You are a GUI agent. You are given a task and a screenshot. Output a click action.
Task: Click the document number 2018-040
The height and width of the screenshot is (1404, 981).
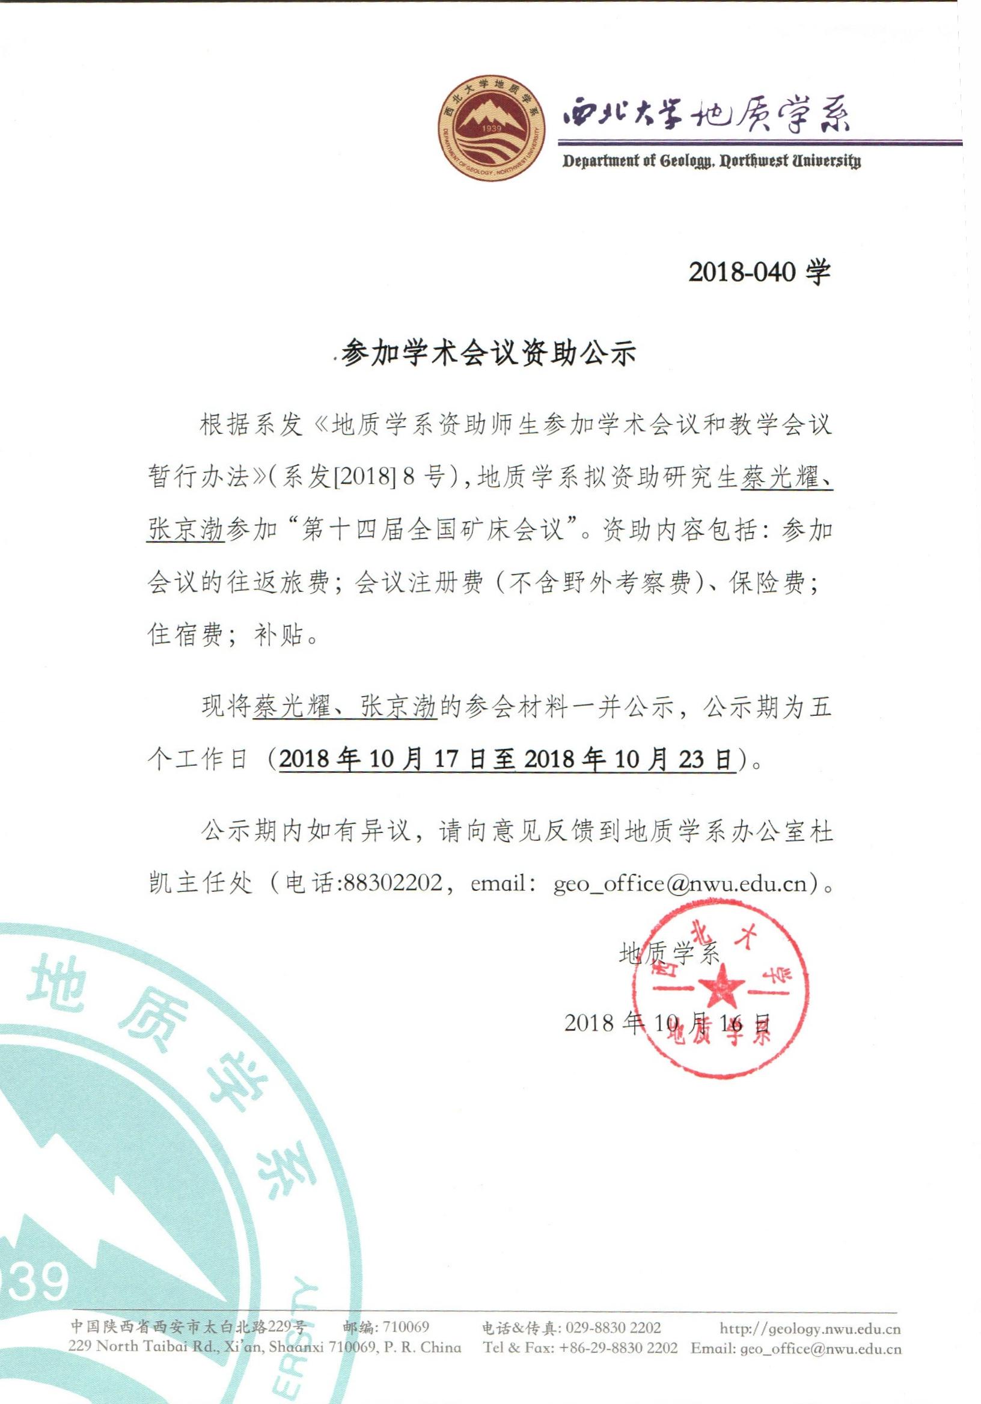pos(742,272)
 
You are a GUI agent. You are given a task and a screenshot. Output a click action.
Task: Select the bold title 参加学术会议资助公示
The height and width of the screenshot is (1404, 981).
pos(489,353)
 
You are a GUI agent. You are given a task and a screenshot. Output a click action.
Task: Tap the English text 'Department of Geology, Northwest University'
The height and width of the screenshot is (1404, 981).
pos(711,162)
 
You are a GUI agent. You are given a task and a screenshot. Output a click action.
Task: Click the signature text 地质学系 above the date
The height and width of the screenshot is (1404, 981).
pos(670,953)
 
